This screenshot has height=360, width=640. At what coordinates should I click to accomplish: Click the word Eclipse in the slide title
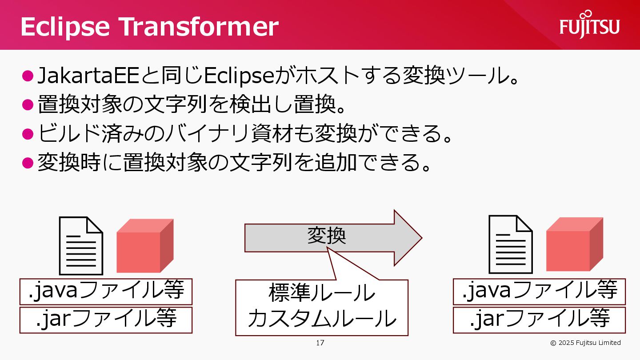coord(65,27)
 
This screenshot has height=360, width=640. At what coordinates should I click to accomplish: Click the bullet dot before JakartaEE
coord(28,76)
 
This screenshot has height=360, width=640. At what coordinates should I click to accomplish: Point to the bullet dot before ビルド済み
coord(28,134)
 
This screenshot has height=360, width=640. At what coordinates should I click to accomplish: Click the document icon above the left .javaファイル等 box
coord(81,246)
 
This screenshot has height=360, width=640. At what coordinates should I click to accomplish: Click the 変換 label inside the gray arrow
coord(327,235)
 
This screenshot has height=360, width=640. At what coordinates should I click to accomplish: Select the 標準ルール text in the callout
coord(322,293)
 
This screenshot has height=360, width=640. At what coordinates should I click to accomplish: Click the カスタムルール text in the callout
coord(322,318)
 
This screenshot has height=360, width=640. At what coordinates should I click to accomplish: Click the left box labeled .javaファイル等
coord(106,291)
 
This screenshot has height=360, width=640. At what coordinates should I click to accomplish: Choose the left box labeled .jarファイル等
coord(106,320)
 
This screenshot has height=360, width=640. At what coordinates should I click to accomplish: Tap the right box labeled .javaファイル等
coord(539,291)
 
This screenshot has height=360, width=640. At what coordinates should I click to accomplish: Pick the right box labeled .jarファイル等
coord(539,320)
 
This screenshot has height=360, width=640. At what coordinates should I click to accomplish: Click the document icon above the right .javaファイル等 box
coord(511,244)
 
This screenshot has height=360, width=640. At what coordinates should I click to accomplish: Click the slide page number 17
coord(320,343)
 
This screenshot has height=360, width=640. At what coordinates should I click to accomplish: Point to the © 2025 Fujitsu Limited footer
coord(585,343)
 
